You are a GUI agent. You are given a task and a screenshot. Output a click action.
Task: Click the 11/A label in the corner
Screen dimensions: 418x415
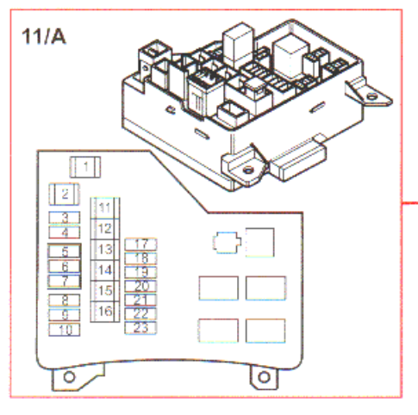[44, 37]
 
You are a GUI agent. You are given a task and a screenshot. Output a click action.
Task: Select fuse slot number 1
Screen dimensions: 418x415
[85, 167]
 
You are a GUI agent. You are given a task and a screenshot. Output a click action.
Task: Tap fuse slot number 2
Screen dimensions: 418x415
[65, 195]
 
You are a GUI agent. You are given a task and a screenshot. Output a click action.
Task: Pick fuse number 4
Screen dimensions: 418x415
[65, 232]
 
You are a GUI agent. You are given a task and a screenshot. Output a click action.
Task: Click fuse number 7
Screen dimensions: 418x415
[65, 282]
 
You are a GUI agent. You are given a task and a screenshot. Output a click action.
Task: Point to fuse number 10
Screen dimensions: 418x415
[65, 330]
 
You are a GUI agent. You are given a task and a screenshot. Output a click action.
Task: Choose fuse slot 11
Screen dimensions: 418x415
[105, 207]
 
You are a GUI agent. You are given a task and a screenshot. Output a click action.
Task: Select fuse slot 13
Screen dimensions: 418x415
[105, 250]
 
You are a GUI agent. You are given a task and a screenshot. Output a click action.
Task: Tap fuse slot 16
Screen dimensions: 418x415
[105, 312]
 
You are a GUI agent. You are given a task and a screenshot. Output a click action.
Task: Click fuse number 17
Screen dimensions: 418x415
[140, 245]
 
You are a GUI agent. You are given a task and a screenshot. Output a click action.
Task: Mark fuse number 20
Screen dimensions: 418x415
[140, 286]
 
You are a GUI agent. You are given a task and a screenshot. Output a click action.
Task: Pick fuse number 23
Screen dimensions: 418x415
[140, 328]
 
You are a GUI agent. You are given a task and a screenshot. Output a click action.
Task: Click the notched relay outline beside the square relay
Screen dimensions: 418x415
[227, 243]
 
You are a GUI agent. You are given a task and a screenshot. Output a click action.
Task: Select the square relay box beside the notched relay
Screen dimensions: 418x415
[260, 243]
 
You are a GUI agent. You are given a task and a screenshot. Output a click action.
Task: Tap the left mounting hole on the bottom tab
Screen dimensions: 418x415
[69, 377]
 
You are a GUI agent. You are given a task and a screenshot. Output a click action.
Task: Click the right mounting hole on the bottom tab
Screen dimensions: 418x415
[264, 377]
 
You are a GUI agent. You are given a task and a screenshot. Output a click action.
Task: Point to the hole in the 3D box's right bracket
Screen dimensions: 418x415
[371, 96]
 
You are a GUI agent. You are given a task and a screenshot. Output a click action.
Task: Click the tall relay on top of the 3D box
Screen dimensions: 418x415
[239, 45]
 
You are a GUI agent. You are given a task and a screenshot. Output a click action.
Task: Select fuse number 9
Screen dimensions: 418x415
[65, 315]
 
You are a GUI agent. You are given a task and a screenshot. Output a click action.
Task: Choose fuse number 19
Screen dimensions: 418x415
[140, 272]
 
